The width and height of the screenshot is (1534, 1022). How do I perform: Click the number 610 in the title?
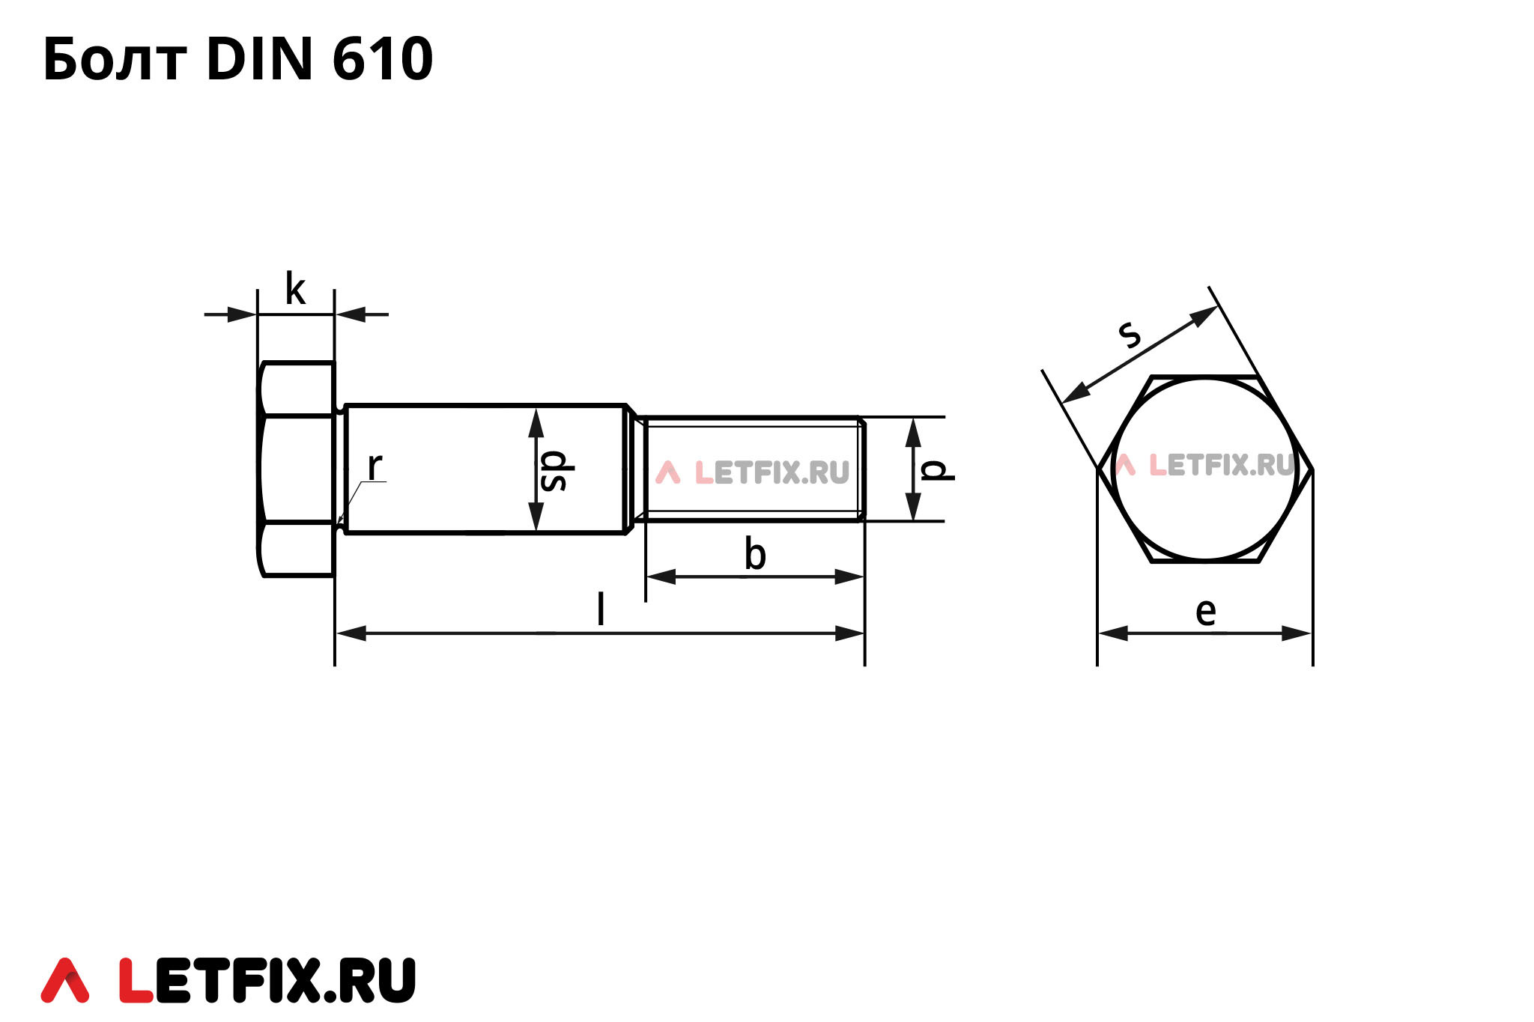382,60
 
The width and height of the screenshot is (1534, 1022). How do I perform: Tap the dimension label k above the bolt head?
295,290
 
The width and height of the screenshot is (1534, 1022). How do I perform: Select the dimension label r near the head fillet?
375,466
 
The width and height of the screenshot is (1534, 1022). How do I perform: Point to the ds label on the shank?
554,471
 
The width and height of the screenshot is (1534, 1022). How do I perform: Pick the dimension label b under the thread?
755,555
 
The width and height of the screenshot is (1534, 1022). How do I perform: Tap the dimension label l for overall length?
600,609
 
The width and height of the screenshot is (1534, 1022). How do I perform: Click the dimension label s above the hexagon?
1130,334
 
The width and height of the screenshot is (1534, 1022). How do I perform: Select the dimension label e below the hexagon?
1205,612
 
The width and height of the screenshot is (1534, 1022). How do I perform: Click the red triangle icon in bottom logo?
64,980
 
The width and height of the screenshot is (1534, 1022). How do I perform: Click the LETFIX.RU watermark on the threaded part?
753,472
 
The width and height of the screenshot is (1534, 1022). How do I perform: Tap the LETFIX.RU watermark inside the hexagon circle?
1206,465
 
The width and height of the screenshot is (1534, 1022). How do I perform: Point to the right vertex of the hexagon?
1312,469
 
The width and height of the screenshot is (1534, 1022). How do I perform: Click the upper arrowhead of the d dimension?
912,431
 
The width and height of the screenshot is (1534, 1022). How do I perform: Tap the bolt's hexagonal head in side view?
297,469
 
